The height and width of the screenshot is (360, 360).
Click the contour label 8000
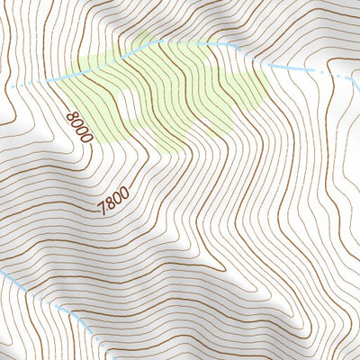click(x=79, y=126)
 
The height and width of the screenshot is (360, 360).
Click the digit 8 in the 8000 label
click(x=72, y=113)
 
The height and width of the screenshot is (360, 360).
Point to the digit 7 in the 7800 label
click(x=103, y=211)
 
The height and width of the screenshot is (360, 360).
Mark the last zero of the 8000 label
click(x=86, y=138)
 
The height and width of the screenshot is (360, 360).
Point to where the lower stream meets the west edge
click(x=3, y=272)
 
